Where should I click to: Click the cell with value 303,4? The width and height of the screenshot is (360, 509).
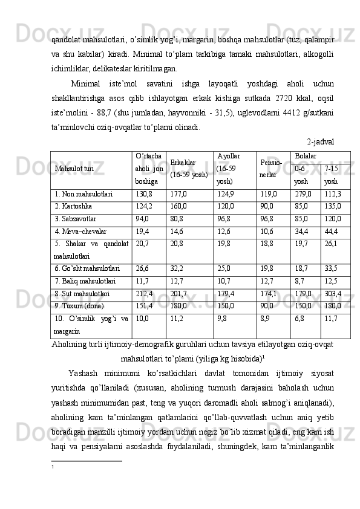click(x=333, y=294)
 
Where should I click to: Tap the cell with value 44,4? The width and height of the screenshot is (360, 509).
click(x=331, y=231)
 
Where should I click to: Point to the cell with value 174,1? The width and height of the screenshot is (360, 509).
click(x=269, y=294)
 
